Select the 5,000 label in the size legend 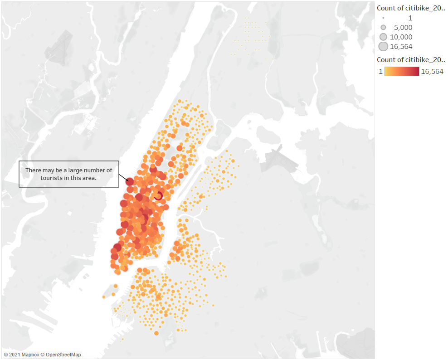pos(403,27)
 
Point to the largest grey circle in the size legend pos(383,46)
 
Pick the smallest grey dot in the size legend pos(383,18)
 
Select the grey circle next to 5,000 pos(383,27)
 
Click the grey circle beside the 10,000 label pos(383,37)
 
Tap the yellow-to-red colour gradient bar pos(402,71)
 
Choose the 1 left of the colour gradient pos(381,71)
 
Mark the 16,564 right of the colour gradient pos(432,71)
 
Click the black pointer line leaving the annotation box pos(123,176)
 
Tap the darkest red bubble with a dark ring pos(158,195)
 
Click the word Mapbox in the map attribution pos(27,355)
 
